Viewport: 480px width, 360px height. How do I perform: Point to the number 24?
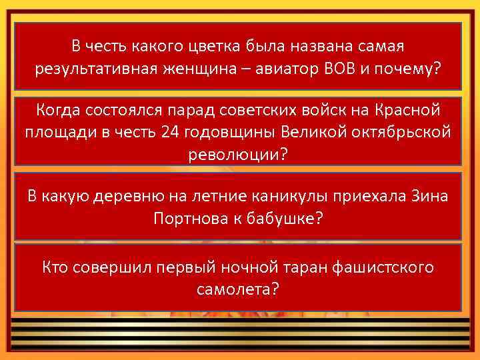[169, 131]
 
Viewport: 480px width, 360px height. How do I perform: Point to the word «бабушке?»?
[287, 218]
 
